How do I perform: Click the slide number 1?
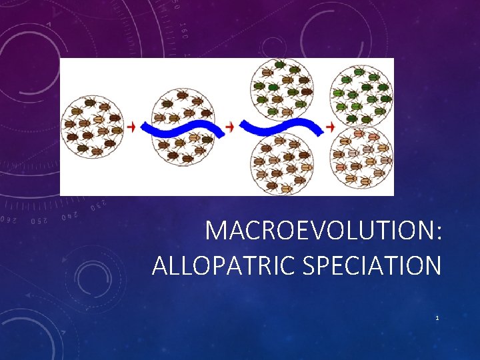click(437, 319)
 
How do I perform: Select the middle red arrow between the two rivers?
click(230, 126)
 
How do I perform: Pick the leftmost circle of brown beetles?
click(91, 127)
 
